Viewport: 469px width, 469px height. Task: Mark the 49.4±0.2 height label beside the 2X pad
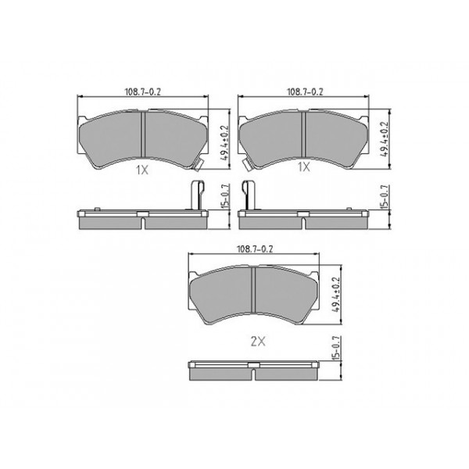click(337, 294)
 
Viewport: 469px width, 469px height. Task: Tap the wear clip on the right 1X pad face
click(246, 164)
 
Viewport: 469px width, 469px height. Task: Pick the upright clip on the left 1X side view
click(196, 195)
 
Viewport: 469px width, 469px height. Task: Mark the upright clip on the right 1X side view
click(249, 195)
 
